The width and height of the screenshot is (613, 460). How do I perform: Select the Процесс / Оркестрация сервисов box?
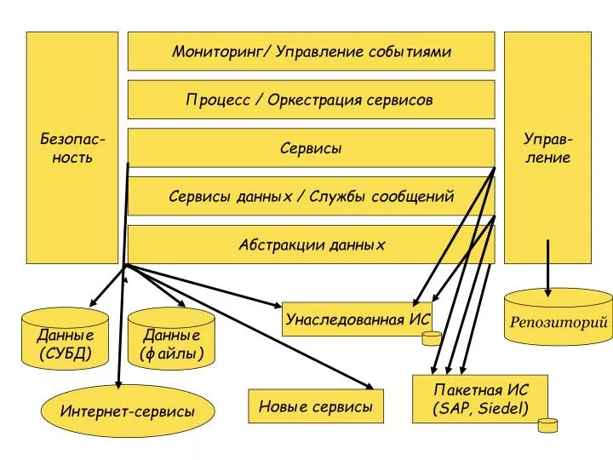[312, 100]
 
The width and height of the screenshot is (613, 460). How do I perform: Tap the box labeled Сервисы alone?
[312, 148]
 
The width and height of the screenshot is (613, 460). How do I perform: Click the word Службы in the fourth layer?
[337, 196]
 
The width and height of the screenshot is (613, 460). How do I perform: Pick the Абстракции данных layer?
[312, 244]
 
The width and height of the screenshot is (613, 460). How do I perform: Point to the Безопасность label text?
[72, 148]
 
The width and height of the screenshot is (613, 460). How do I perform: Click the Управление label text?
[547, 148]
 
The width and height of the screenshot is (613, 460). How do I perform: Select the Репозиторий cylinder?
[559, 317]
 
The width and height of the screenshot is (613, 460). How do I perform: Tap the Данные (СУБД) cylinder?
[65, 339]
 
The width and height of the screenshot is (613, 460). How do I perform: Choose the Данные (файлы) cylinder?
[172, 339]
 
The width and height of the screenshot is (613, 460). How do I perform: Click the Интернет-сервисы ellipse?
[128, 411]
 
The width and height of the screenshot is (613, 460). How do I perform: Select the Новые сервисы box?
[316, 406]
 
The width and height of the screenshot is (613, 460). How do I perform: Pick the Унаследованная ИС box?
[358, 319]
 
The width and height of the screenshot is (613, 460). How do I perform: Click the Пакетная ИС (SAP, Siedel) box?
[480, 399]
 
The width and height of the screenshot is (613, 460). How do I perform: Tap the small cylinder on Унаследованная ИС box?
[432, 339]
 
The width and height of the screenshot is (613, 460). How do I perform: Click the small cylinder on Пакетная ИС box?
[547, 425]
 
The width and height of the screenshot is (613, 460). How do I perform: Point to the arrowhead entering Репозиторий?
[547, 292]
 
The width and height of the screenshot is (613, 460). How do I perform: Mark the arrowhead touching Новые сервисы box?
[369, 386]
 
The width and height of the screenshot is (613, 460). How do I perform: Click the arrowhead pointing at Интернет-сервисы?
[118, 384]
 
